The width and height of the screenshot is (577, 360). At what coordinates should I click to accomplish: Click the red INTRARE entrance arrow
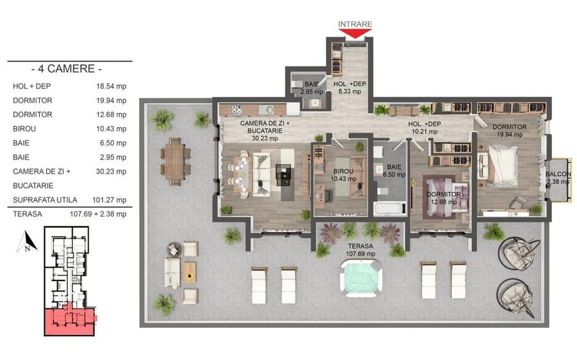pyautogui.click(x=355, y=34)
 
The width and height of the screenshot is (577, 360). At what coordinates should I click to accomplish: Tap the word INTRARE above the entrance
pyautogui.click(x=355, y=24)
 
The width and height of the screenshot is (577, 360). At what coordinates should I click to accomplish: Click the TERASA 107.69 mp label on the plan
pyautogui.click(x=361, y=250)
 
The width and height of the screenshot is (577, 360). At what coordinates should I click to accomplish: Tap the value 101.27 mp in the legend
pyautogui.click(x=111, y=200)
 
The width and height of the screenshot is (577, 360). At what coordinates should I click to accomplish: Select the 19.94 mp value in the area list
pyautogui.click(x=111, y=101)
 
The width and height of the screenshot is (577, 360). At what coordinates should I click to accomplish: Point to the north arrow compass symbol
pyautogui.click(x=24, y=245)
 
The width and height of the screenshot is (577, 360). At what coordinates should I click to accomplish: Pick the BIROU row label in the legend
pyautogui.click(x=24, y=129)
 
